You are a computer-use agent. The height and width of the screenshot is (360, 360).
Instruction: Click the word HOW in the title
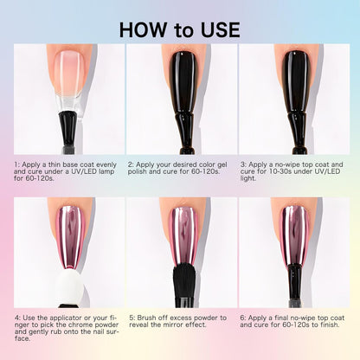(143, 29)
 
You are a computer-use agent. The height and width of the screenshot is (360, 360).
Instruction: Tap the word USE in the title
(221, 29)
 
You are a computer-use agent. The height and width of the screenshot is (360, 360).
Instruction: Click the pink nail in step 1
(69, 71)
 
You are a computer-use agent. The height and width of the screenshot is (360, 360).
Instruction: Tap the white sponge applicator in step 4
(69, 286)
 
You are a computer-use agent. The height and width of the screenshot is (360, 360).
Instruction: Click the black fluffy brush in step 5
(184, 281)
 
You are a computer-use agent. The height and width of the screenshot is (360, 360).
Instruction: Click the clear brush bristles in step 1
(68, 103)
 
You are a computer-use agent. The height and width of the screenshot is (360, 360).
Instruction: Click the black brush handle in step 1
(68, 132)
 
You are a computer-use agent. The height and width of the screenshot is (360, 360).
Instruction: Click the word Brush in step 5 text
(146, 318)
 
